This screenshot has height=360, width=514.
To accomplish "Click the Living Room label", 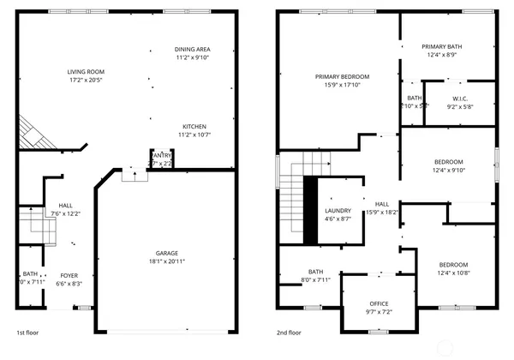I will [x=86, y=71].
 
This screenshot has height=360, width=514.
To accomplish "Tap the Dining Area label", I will [x=193, y=49].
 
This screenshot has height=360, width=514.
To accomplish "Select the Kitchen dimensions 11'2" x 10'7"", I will [x=193, y=135].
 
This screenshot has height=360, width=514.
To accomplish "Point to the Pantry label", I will [x=162, y=155].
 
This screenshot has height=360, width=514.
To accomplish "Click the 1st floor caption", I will [x=27, y=333].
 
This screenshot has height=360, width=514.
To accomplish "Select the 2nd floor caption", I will [x=289, y=333].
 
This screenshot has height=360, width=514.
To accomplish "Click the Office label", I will [x=379, y=303].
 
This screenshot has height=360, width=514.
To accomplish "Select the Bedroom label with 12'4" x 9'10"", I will [x=449, y=161].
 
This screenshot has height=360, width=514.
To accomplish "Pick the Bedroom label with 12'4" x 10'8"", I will [x=454, y=264].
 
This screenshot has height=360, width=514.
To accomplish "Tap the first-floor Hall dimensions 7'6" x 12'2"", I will [x=65, y=213].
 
